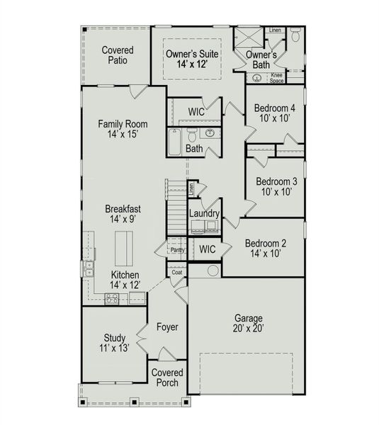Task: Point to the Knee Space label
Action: tap(277, 78)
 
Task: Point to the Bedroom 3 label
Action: tap(276, 181)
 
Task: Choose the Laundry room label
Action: tap(204, 214)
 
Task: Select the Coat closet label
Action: tap(176, 273)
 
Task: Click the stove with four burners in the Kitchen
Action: tap(112, 299)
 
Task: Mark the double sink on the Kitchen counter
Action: tap(88, 268)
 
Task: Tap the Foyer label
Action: tap(168, 327)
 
